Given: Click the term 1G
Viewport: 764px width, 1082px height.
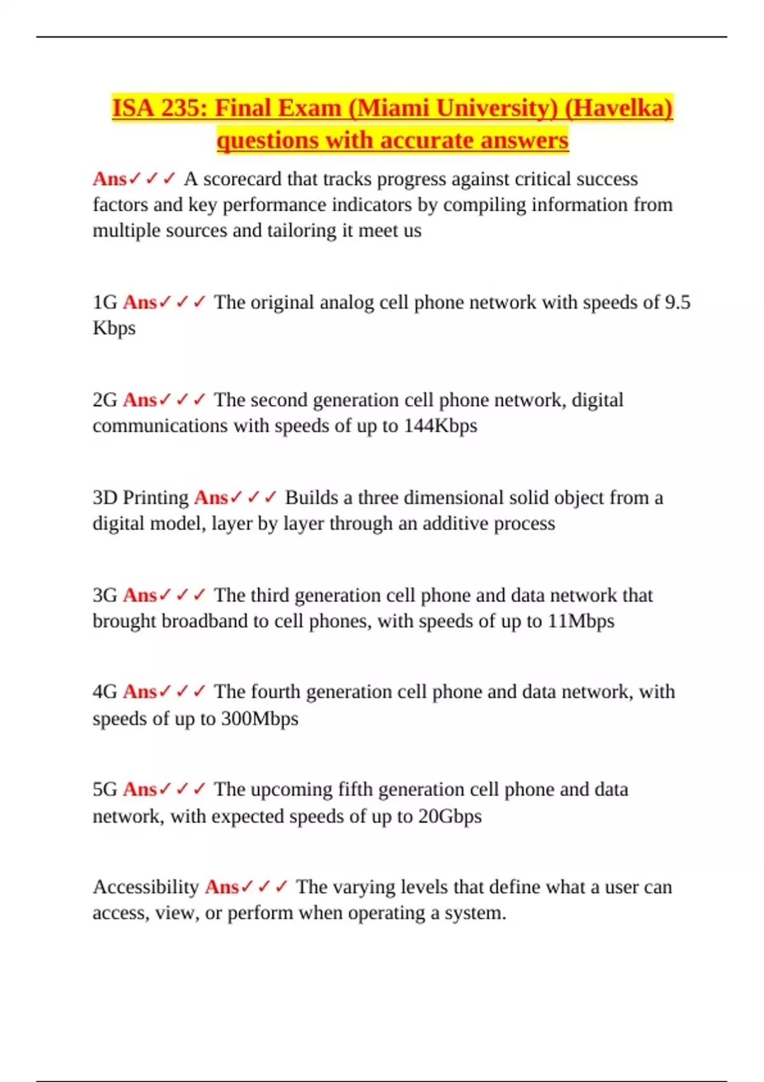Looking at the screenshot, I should (x=105, y=302).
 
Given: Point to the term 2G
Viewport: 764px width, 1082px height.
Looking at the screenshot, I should (x=105, y=400).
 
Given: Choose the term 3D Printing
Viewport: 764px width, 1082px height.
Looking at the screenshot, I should (x=141, y=498).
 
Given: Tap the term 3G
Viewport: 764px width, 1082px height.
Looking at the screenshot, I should (x=105, y=595).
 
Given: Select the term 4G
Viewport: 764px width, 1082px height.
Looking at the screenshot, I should (x=105, y=692).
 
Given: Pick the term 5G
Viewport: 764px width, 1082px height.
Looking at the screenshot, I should (x=105, y=790).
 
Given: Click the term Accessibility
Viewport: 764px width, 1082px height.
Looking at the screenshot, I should (x=146, y=887).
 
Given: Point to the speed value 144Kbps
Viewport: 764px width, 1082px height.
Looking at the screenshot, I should (x=441, y=426).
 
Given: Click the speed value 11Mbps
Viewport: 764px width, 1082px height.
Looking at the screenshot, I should (x=581, y=621).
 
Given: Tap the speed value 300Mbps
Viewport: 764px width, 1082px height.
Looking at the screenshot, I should (x=259, y=719).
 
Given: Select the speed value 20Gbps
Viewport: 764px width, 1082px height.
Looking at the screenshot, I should (x=449, y=817).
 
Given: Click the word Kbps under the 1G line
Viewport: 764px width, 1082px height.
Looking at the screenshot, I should (x=114, y=328).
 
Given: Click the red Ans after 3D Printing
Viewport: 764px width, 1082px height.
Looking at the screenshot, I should (x=211, y=498).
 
